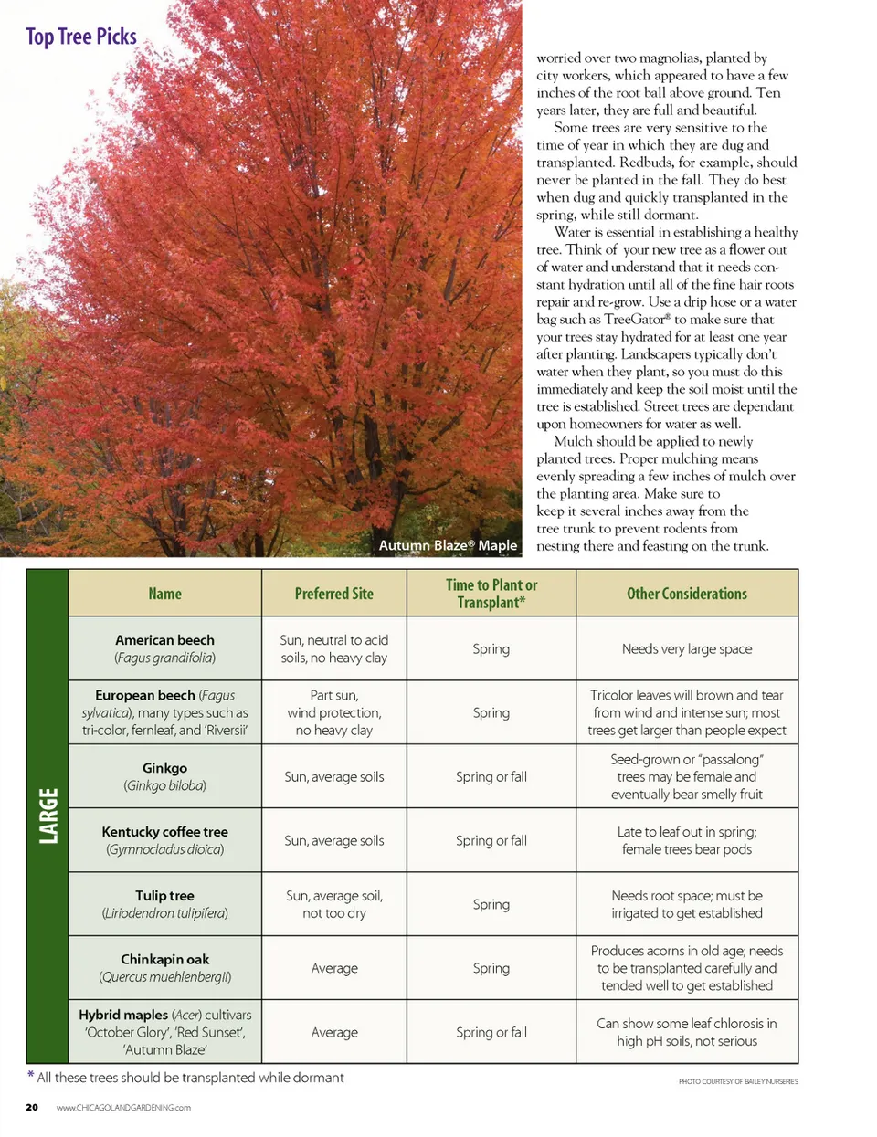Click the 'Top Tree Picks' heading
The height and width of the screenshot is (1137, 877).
pos(81,37)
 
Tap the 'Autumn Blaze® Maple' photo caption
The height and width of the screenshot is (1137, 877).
pos(448,545)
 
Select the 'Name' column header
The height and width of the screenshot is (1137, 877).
pos(164,594)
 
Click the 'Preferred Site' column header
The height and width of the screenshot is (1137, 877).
pos(333,594)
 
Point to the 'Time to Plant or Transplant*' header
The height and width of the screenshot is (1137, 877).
pos(491,594)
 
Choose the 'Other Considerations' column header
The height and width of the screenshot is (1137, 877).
pos(686,594)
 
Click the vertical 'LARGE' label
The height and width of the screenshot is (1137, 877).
pos(48,816)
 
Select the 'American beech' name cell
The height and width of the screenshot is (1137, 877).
pos(164,648)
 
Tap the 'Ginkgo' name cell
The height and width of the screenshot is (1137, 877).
pos(164,776)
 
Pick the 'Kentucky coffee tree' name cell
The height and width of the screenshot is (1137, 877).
pos(164,840)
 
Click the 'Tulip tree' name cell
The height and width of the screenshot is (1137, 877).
pos(164,904)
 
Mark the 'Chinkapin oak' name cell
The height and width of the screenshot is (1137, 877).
pos(164,968)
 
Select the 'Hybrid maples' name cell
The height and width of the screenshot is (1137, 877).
pos(164,1032)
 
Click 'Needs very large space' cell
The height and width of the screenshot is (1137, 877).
pos(686,648)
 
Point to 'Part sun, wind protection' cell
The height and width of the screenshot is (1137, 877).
pos(333,712)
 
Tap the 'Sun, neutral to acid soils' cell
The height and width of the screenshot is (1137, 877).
pos(333,648)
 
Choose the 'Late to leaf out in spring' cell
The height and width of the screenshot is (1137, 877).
pos(686,840)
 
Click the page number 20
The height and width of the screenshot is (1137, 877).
pos(32,1107)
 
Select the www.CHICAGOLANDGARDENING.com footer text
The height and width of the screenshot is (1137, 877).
pos(123,1108)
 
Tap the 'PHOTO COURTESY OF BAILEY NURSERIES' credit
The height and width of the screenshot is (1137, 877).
pos(737,1081)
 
